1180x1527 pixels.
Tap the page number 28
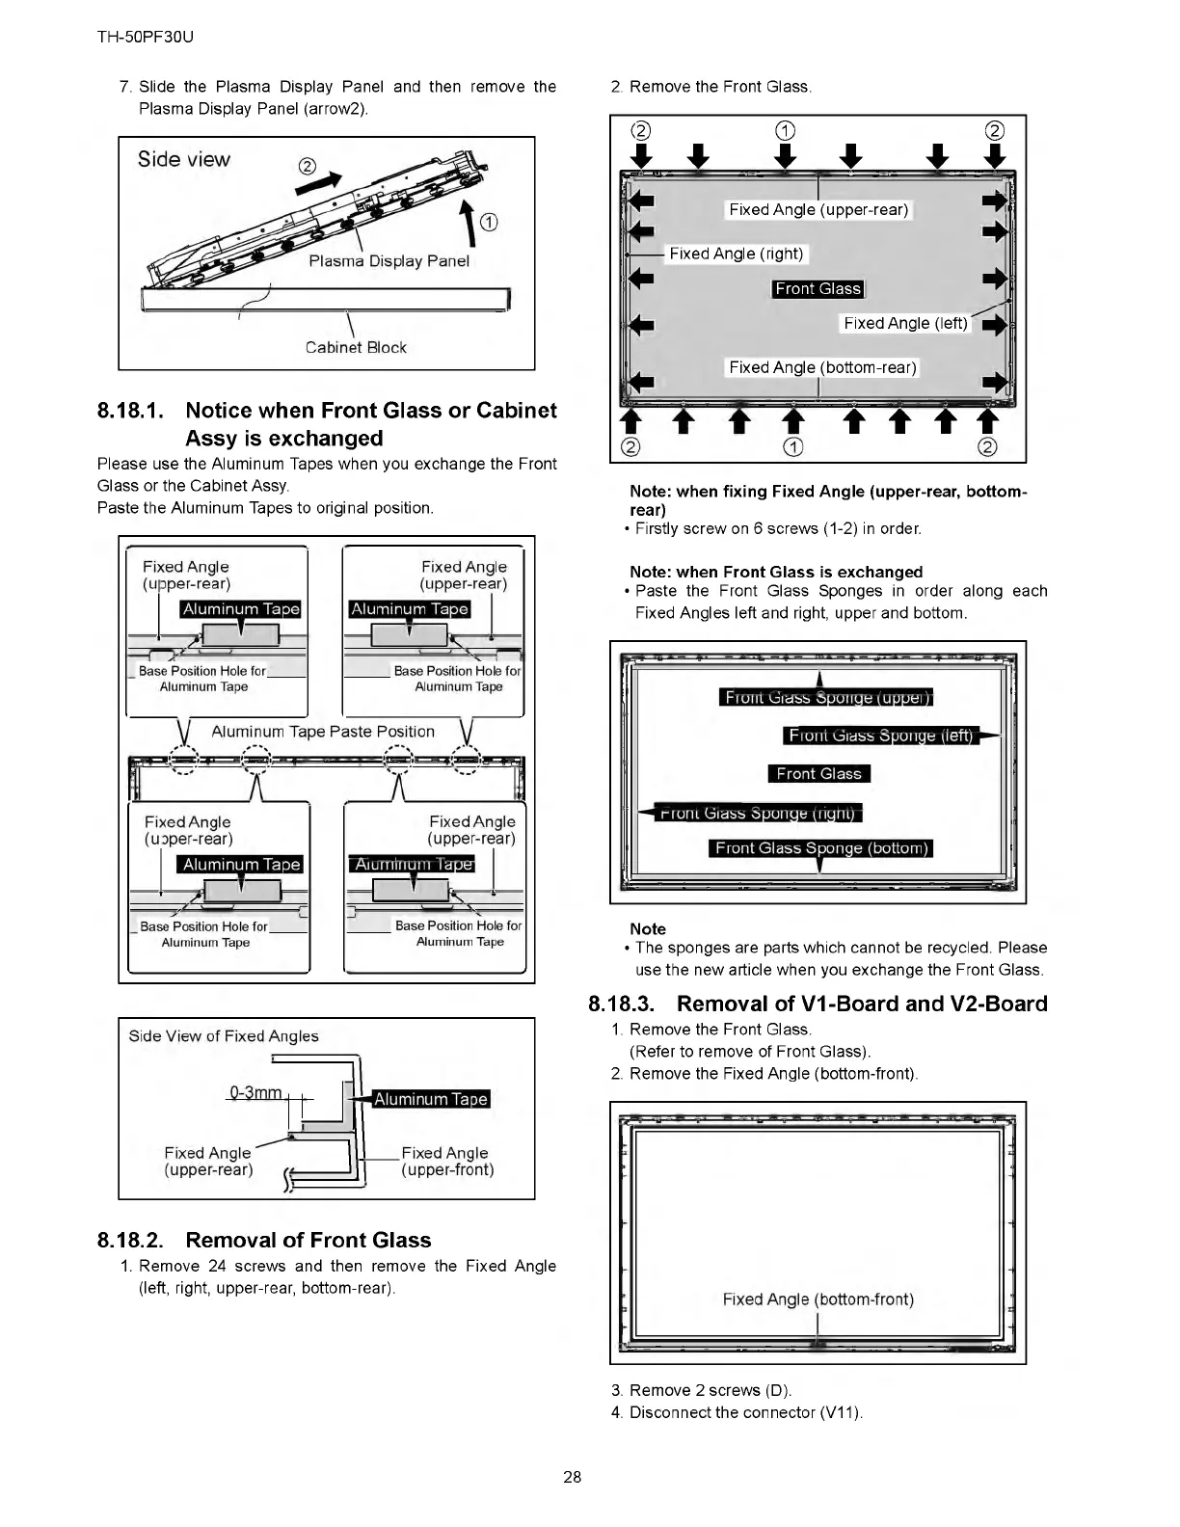coord(573,1477)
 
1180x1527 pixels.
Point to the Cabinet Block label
coord(356,347)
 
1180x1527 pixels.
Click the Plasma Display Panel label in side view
coord(389,261)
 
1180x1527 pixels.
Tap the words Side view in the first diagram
coord(184,159)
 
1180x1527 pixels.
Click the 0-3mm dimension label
coord(255,1092)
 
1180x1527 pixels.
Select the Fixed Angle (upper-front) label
coord(446,1161)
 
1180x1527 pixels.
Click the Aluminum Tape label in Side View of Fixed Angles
coord(431,1099)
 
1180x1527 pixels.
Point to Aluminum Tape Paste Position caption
coord(323,732)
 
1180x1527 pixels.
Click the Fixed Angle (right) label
coord(737,254)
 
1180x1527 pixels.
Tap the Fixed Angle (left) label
coord(905,323)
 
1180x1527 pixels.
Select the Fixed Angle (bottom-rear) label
coord(822,367)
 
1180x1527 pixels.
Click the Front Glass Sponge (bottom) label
coord(821,848)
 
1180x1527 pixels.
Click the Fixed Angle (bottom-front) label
coord(818,1299)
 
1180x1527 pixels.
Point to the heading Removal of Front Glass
coord(308,1240)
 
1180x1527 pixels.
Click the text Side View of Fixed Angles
coord(224,1036)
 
